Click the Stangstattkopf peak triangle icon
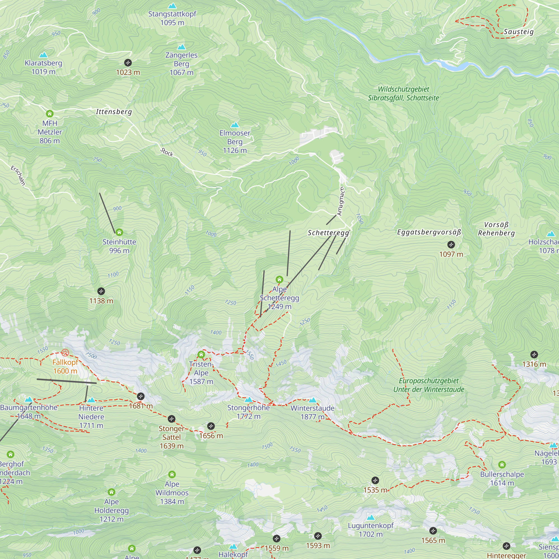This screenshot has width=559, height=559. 172,6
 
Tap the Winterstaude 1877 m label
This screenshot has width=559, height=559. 312,412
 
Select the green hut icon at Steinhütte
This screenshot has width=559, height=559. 119,232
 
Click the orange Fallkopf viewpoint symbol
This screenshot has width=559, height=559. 65,352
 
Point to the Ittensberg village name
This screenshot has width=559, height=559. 114,112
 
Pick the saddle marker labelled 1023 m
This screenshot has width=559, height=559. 128,63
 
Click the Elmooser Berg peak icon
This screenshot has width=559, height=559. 235,125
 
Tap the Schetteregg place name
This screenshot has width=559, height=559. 328,233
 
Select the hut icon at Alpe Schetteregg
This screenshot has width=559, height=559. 279,279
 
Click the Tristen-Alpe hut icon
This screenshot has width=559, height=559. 201,354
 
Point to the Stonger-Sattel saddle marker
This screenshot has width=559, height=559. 172,419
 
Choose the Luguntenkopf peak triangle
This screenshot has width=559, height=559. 370,518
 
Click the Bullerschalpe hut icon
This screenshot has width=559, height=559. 502,465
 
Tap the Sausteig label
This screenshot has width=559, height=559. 518,32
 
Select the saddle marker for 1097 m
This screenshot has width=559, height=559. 451,245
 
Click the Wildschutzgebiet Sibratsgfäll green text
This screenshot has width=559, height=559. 403,93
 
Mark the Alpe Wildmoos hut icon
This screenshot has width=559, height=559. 172,474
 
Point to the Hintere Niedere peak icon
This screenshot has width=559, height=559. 91,400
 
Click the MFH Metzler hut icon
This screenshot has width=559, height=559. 50,113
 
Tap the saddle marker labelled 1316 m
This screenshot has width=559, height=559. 534,354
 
